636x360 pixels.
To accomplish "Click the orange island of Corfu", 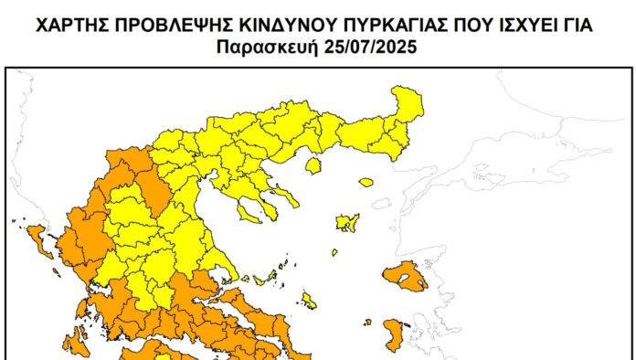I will (37, 239).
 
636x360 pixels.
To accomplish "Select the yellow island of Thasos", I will (313, 165).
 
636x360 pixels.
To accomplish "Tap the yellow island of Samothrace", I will (366, 182).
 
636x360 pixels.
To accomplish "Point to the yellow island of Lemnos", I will (347, 222).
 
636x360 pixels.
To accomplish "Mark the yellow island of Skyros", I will (310, 301).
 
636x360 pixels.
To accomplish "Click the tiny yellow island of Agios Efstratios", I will (334, 252).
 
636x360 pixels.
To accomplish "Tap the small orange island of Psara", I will (367, 322).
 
